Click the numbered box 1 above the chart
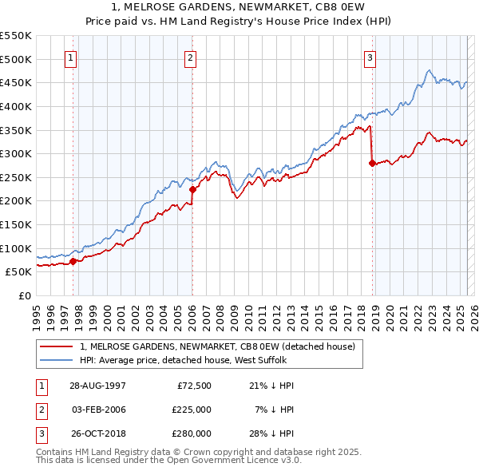[71, 57]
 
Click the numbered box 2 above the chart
[191, 57]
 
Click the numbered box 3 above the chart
[370, 57]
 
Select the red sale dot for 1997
[73, 260]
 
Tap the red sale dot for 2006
[192, 190]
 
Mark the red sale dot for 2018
[372, 163]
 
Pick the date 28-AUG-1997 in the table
[97, 386]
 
